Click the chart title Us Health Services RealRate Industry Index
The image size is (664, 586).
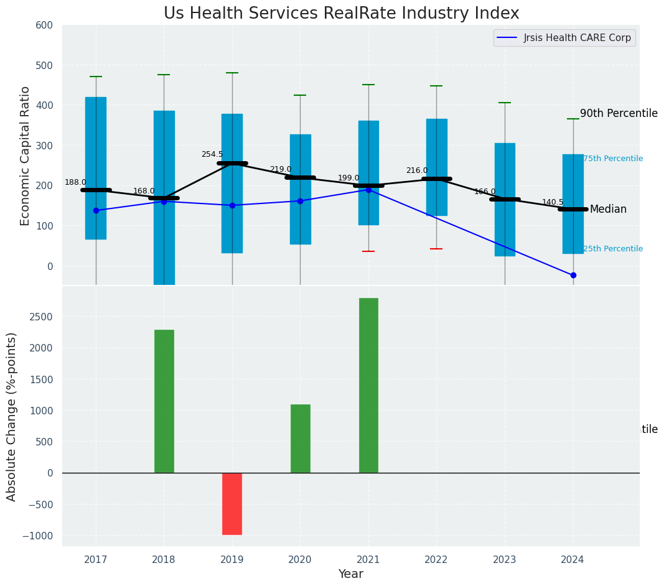(341, 14)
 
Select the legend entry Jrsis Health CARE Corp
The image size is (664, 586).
(577, 38)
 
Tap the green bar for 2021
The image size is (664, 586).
(368, 385)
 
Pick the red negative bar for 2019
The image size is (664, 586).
(232, 503)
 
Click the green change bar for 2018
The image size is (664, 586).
(164, 401)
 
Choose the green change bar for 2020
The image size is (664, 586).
(301, 439)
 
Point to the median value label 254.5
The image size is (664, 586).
(212, 154)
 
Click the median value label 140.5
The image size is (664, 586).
(553, 202)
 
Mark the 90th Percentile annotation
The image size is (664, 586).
(619, 113)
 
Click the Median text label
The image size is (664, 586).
(608, 210)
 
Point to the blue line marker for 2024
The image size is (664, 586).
(573, 275)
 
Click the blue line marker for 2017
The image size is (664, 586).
(96, 210)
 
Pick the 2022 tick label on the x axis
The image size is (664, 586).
(436, 559)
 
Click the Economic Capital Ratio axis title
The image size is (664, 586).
(26, 156)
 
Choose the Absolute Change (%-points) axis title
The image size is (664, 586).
(12, 416)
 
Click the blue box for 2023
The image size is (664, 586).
(505, 199)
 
